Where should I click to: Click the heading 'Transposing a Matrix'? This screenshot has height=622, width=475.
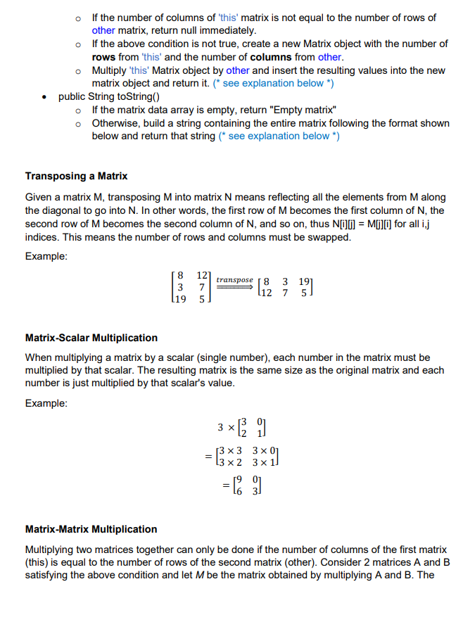point(76,175)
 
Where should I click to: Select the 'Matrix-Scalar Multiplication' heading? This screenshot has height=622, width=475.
point(91,338)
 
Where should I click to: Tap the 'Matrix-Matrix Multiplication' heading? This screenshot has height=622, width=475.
point(91,529)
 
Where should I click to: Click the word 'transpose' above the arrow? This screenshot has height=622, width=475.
point(234,280)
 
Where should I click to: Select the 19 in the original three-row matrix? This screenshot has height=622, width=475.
point(180,298)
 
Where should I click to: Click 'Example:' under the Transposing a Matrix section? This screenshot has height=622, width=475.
point(46,256)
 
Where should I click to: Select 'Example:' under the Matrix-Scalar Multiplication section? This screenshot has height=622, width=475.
point(46,403)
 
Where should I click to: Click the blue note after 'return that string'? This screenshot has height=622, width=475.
point(278,136)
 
